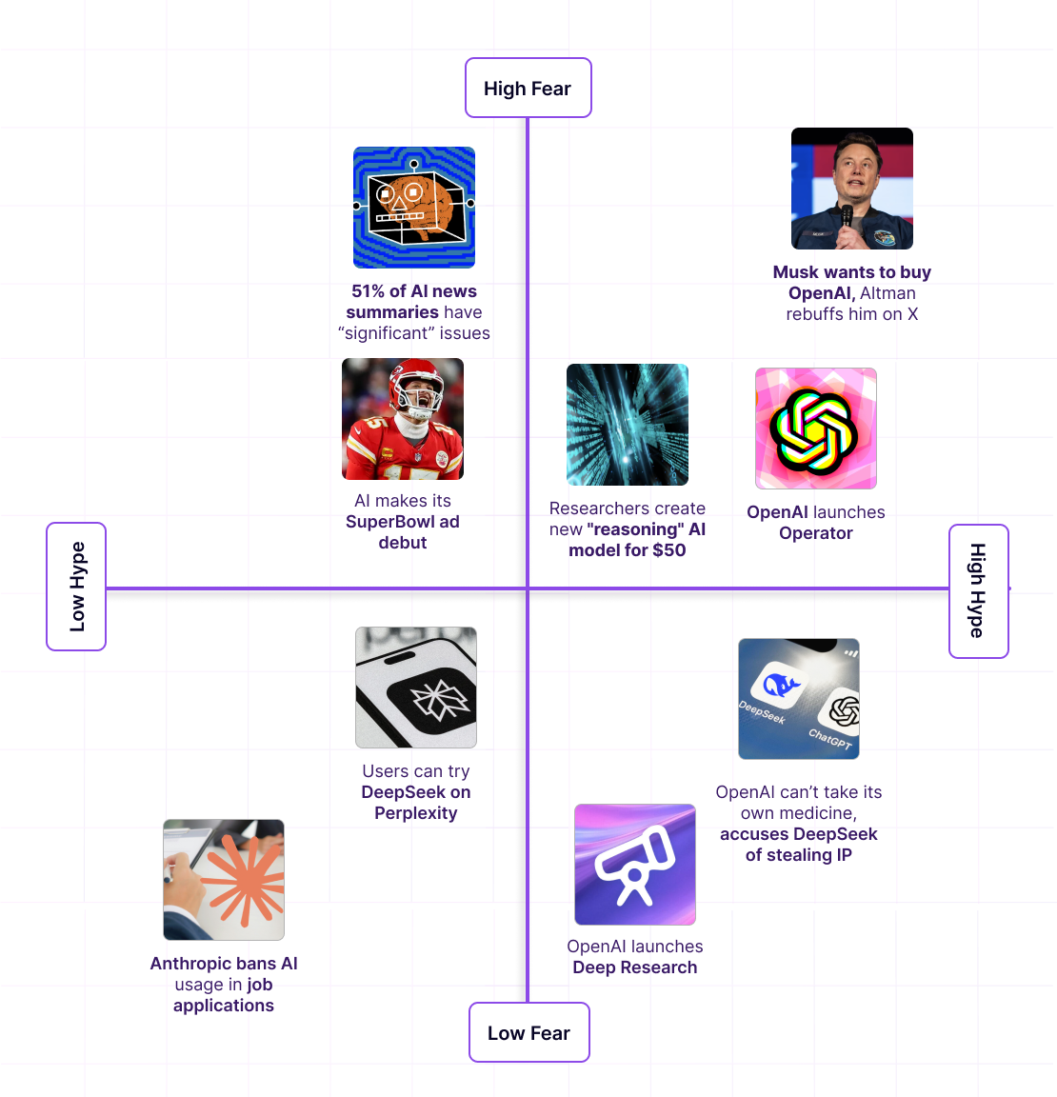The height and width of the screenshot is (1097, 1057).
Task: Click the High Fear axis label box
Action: (528, 89)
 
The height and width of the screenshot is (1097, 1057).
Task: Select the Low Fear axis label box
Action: (528, 1033)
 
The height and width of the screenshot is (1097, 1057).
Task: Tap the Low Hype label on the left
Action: (76, 587)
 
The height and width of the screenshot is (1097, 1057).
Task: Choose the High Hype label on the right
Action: (978, 590)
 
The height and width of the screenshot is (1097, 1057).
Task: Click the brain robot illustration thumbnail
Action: (414, 208)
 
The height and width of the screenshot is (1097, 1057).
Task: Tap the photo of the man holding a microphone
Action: (852, 189)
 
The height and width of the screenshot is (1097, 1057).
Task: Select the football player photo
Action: (403, 419)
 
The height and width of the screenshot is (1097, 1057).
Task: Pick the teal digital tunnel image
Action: (628, 425)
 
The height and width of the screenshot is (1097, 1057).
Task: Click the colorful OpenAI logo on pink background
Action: (816, 429)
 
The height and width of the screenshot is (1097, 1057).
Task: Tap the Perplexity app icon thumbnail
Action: (416, 688)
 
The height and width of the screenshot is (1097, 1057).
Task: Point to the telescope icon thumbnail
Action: (635, 865)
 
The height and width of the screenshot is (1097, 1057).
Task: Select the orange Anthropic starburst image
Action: (224, 880)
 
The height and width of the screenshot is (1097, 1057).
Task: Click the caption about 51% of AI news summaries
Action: (414, 312)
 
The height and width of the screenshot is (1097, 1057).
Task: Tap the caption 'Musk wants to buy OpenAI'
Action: (852, 283)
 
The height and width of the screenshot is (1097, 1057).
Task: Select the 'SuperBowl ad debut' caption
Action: (403, 532)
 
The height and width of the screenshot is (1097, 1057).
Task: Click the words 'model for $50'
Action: (628, 550)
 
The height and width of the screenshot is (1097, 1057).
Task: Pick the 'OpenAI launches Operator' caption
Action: (816, 523)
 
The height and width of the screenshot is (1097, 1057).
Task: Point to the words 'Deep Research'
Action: (635, 967)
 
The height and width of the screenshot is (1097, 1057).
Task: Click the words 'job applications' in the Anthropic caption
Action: (225, 996)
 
